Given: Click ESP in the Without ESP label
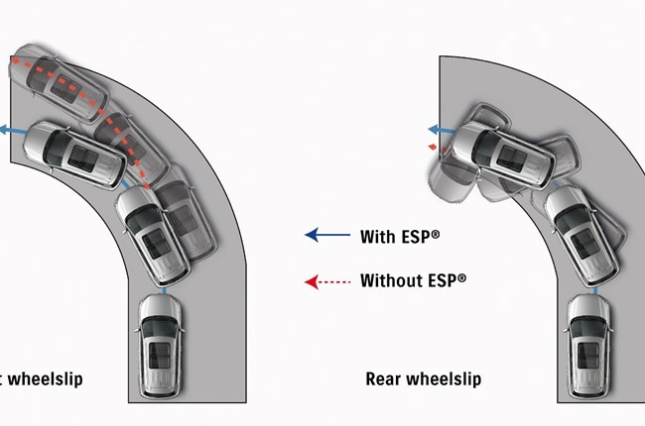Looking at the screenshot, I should tap(444, 280).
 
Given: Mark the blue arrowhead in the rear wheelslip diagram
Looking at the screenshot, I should tap(434, 129).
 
